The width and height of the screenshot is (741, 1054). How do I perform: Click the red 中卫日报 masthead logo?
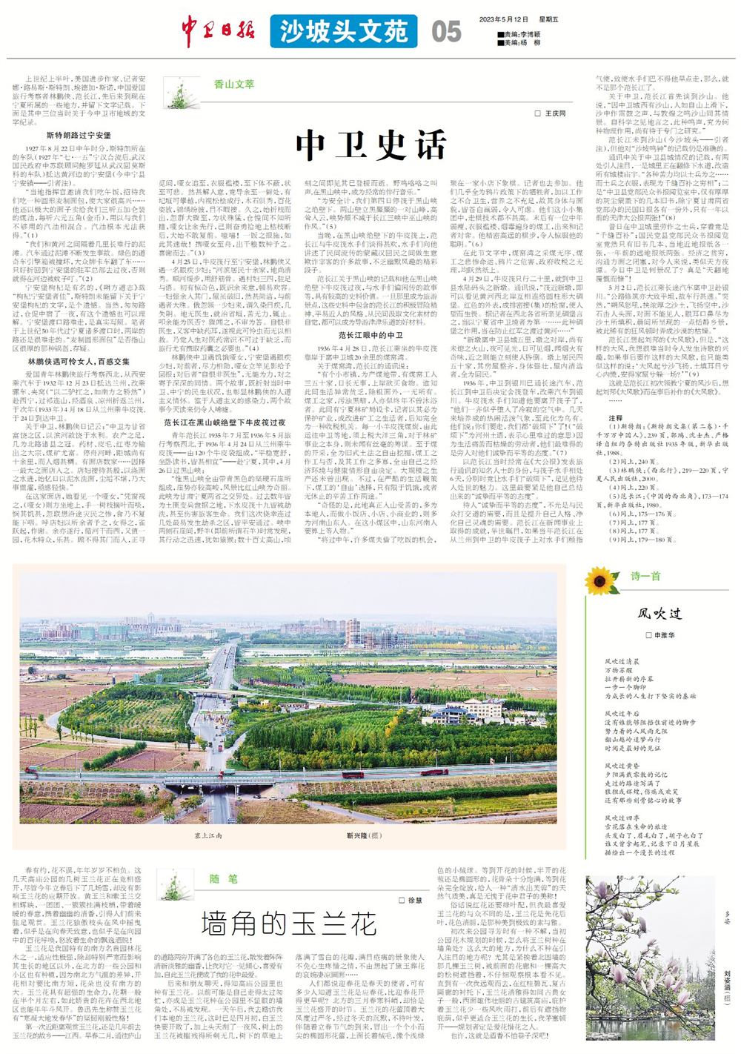(x=219, y=30)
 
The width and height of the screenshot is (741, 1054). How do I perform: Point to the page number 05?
(x=446, y=32)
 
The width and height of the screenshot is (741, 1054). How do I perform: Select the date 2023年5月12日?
(x=503, y=20)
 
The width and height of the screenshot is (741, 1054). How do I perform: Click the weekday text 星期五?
(x=548, y=20)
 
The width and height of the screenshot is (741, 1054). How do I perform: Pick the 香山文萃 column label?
(x=234, y=84)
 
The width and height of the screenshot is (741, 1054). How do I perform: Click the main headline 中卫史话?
(x=371, y=145)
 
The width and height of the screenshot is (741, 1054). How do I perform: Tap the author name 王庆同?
(x=555, y=113)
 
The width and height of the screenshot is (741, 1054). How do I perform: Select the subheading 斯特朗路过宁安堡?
(x=79, y=136)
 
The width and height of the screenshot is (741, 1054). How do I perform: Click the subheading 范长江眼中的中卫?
(x=370, y=335)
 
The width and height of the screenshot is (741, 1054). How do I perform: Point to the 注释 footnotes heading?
(x=615, y=418)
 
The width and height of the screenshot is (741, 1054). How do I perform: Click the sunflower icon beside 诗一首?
(x=601, y=580)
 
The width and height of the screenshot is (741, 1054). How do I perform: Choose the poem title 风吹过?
(x=659, y=613)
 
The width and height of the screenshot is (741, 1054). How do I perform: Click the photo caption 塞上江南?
(x=208, y=835)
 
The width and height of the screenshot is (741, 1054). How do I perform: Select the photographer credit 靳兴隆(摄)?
(x=364, y=835)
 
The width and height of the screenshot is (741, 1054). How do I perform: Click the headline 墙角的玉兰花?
(x=289, y=924)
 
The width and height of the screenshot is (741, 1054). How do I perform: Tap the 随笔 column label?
(x=223, y=879)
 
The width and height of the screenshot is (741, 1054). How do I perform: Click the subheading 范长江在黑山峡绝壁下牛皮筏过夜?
(x=225, y=422)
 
